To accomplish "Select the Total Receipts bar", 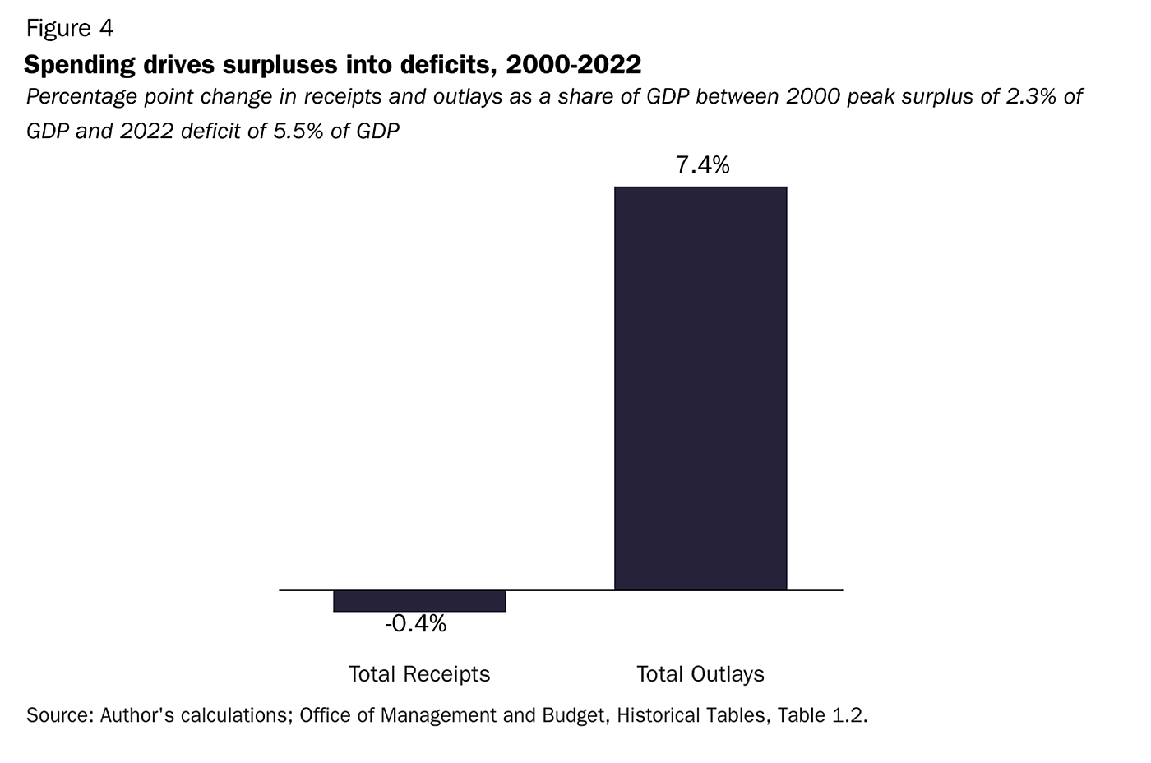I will pyautogui.click(x=419, y=601).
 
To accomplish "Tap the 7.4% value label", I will pyautogui.click(x=702, y=165).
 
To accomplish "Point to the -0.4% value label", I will pyautogui.click(x=416, y=624).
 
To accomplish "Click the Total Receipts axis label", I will pyautogui.click(x=419, y=674).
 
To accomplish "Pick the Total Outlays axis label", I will pyautogui.click(x=700, y=674).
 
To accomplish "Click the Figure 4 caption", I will pyautogui.click(x=70, y=29).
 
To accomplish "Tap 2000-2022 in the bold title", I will pyautogui.click(x=574, y=63).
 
